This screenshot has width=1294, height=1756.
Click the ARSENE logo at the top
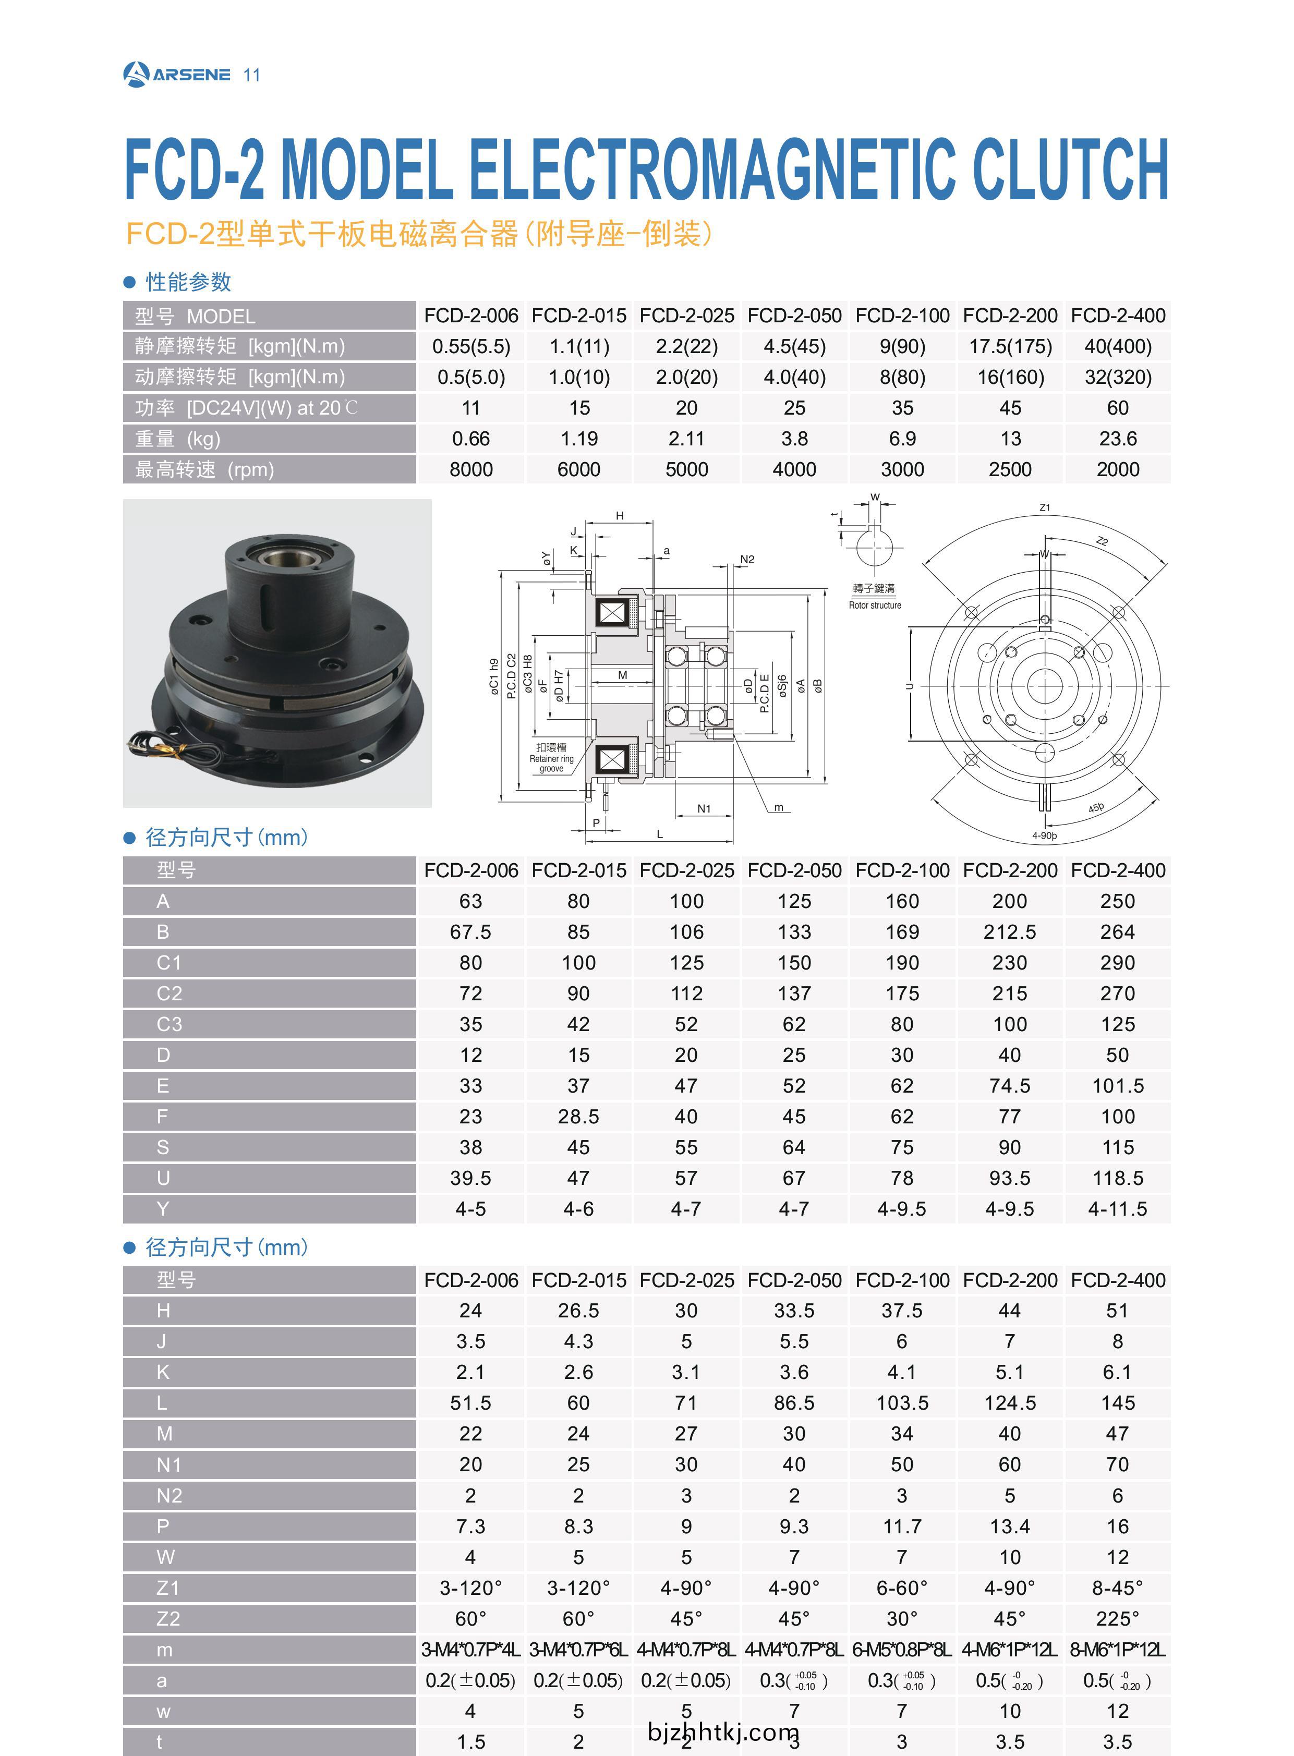coord(177,75)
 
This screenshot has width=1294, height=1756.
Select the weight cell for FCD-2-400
coord(1117,439)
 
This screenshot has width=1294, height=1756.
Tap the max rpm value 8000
coord(471,469)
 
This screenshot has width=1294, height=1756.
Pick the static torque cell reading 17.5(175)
coord(1010,346)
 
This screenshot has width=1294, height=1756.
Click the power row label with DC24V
coord(245,408)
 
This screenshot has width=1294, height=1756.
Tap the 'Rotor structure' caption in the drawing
coord(875,605)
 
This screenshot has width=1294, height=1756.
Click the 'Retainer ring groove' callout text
coord(551,758)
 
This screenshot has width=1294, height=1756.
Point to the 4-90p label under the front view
coord(1044,835)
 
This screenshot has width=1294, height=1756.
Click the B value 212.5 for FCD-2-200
coord(1010,932)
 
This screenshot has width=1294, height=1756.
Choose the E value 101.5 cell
coord(1117,1085)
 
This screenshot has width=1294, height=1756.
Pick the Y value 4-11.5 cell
coord(1117,1208)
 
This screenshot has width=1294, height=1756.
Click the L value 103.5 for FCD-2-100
coord(902,1403)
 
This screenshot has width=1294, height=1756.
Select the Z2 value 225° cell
coord(1117,1618)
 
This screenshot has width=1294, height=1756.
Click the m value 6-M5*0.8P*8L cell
coord(902,1650)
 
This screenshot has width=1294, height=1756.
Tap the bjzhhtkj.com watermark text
coord(723,1731)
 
